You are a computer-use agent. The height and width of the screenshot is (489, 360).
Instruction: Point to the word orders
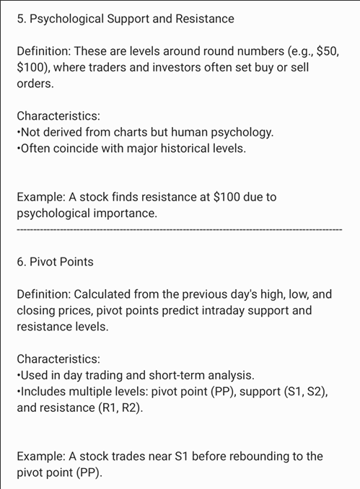click(x=35, y=84)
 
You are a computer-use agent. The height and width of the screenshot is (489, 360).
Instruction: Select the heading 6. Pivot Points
click(x=55, y=262)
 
